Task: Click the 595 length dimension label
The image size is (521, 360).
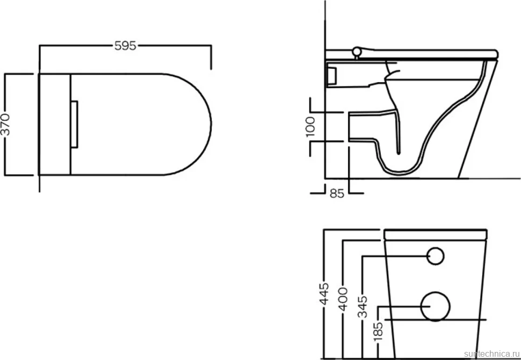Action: pos(125,46)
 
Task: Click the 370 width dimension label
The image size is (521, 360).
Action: pos(6,124)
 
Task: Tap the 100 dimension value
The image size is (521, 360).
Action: pos(310,127)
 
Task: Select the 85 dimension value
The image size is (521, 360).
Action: pos(337,193)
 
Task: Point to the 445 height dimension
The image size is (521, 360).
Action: pos(324,293)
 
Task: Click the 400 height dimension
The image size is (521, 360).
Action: pos(344,299)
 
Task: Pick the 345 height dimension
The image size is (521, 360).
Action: pos(363,306)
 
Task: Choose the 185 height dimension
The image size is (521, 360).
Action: pos(379,330)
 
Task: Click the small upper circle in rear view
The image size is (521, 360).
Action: pos(435,256)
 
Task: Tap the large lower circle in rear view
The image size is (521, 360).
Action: pos(435,306)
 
